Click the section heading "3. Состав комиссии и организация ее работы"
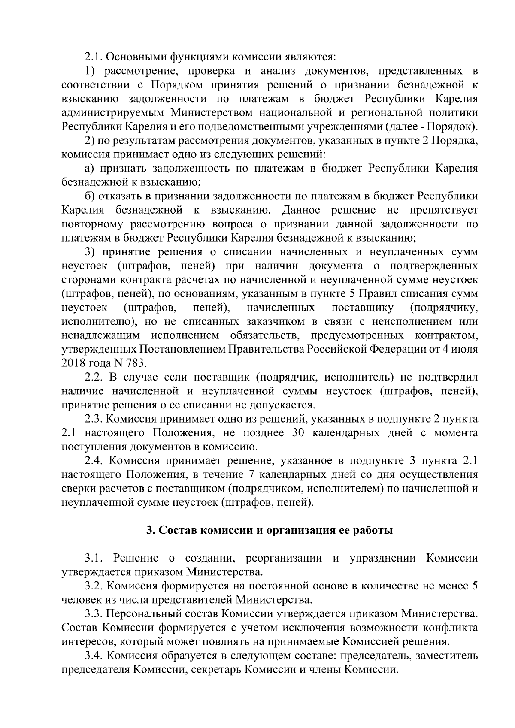pos(269,530)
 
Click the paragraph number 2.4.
pos(94,461)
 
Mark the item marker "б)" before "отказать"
pos(89,196)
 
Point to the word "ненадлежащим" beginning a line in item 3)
pos(100,335)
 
